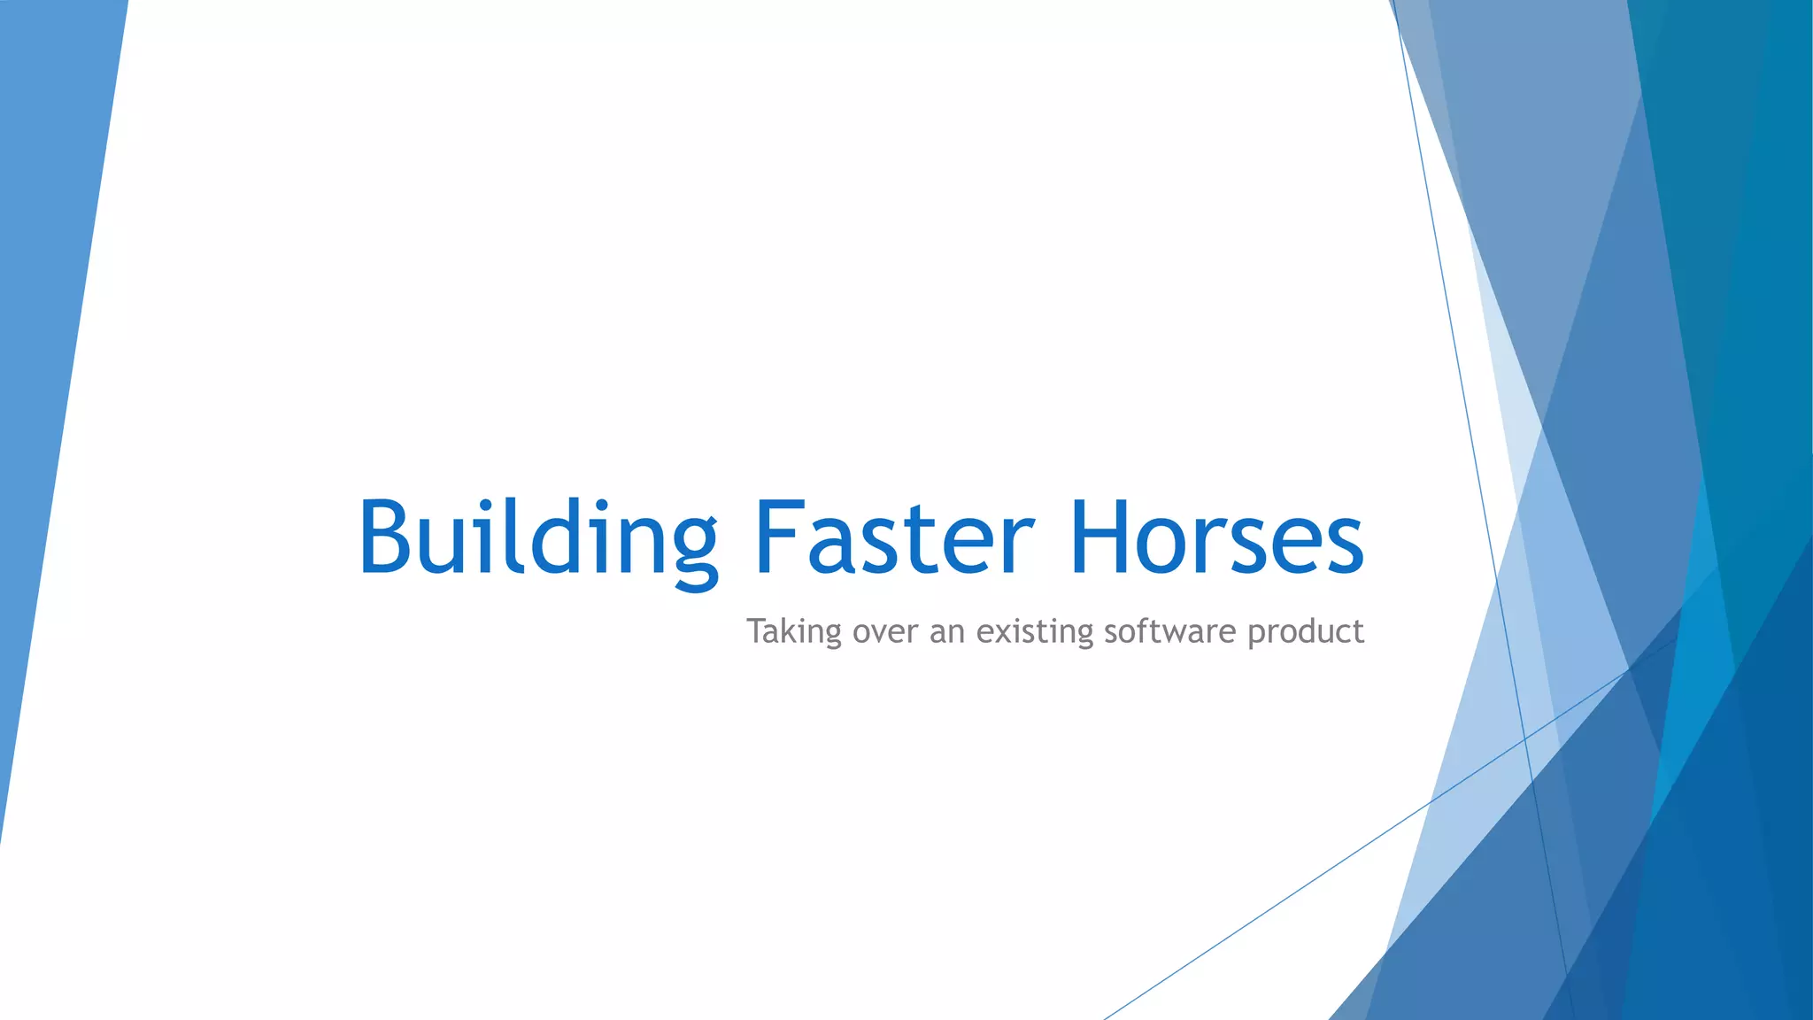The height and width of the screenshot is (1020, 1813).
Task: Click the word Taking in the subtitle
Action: [x=793, y=632]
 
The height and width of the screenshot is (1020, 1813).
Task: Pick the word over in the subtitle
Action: [x=886, y=632]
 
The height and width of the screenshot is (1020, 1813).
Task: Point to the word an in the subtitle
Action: [x=946, y=632]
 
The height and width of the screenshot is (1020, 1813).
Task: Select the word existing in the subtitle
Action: [x=1035, y=632]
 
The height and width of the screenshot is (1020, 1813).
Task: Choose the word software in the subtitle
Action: [x=1170, y=632]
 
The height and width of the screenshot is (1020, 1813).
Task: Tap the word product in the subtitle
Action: [x=1305, y=632]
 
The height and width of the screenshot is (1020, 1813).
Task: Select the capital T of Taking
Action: [x=756, y=630]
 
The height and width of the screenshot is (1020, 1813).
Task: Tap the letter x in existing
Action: [x=1006, y=634]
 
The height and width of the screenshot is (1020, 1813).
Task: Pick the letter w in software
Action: [x=1182, y=634]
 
